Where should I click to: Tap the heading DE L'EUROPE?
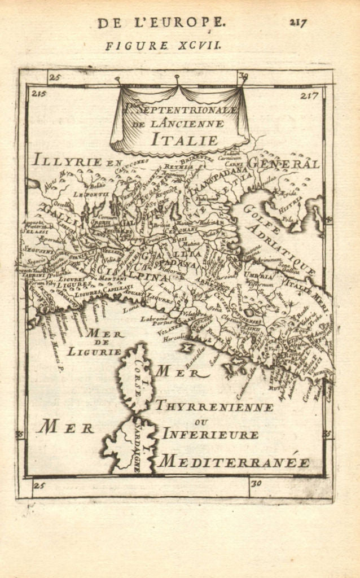pyautogui.click(x=161, y=23)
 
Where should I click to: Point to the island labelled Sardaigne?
pyautogui.click(x=129, y=446)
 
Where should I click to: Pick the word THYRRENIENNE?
pyautogui.click(x=214, y=406)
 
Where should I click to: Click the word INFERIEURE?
pyautogui.click(x=210, y=434)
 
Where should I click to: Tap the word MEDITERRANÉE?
pyautogui.click(x=234, y=462)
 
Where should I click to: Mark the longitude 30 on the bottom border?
pyautogui.click(x=256, y=484)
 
